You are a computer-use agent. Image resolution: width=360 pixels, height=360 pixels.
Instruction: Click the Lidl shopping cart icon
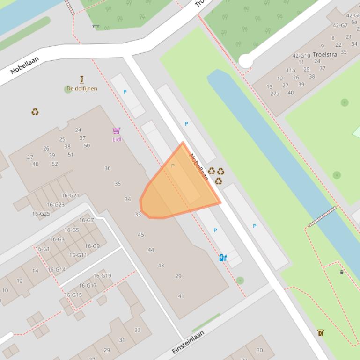[117, 131]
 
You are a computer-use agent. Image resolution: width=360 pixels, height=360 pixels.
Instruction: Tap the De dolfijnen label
[82, 88]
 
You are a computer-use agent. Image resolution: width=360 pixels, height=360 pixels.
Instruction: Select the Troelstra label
[325, 54]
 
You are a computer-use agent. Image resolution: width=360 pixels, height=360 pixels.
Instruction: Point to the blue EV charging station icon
[223, 258]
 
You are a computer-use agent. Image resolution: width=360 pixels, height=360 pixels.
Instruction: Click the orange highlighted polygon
[176, 192]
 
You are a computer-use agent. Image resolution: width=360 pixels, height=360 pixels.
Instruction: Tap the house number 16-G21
[70, 195]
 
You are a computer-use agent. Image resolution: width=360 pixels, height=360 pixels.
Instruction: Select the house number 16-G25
[41, 214]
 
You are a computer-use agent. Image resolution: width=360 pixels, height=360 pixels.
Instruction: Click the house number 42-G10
[301, 56]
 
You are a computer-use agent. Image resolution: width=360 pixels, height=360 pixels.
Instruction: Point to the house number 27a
[274, 94]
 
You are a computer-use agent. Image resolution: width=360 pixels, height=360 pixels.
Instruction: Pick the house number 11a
[291, 71]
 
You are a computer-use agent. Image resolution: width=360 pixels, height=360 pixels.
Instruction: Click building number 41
[181, 296]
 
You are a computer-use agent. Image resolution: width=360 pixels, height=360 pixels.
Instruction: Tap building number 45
[141, 235]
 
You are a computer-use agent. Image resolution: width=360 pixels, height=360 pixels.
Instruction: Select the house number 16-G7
[87, 220]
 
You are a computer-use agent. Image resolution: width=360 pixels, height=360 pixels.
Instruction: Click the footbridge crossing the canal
[322, 216]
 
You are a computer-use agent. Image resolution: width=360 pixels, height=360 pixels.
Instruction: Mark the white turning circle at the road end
[245, 61]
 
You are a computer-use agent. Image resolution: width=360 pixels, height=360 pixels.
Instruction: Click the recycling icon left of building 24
[35, 112]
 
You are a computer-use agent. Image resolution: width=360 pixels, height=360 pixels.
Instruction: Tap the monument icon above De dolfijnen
[82, 79]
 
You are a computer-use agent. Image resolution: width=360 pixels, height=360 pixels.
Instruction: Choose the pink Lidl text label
[117, 139]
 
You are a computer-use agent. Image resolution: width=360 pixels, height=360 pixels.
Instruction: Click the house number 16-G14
[57, 270]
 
